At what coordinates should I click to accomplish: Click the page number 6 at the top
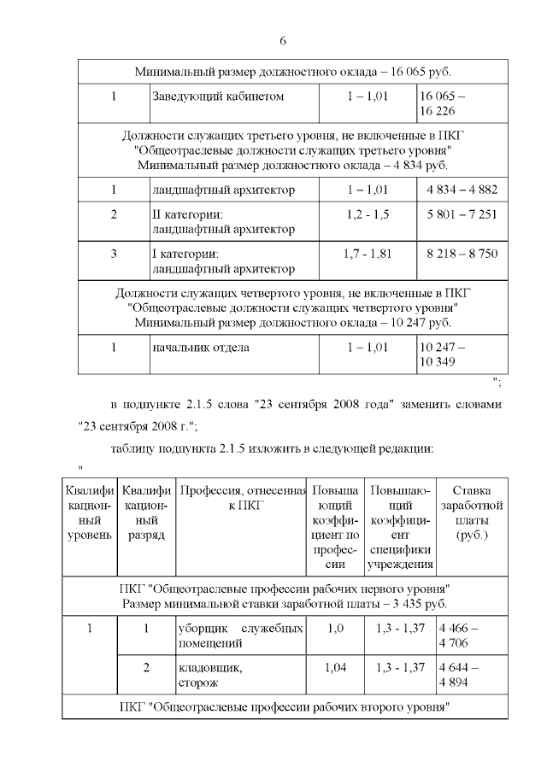(x=282, y=41)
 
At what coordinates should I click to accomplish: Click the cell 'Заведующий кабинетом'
(x=218, y=97)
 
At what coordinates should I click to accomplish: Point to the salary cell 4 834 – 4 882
(x=462, y=190)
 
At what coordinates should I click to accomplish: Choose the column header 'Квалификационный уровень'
(x=89, y=512)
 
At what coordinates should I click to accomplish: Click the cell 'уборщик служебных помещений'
(x=240, y=635)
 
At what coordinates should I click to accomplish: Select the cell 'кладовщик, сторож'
(x=209, y=676)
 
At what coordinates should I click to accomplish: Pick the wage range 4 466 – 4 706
(x=458, y=635)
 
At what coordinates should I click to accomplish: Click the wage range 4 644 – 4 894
(x=458, y=676)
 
